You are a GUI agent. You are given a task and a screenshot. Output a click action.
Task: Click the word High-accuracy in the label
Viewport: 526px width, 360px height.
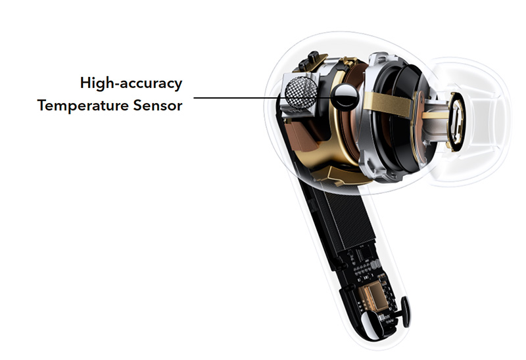click(x=131, y=83)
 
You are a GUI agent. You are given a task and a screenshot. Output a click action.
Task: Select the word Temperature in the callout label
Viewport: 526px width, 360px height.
click(x=83, y=106)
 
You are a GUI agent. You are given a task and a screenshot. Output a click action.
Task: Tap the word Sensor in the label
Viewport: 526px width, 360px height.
click(x=158, y=105)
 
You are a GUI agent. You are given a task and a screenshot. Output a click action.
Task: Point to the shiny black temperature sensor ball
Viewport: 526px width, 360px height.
click(x=345, y=97)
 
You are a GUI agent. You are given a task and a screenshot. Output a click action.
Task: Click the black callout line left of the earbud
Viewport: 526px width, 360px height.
click(x=236, y=98)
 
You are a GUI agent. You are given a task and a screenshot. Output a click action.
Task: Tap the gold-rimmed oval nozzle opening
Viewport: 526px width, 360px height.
click(x=456, y=122)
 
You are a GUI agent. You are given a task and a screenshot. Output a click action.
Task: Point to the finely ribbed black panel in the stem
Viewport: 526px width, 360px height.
click(x=348, y=217)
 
